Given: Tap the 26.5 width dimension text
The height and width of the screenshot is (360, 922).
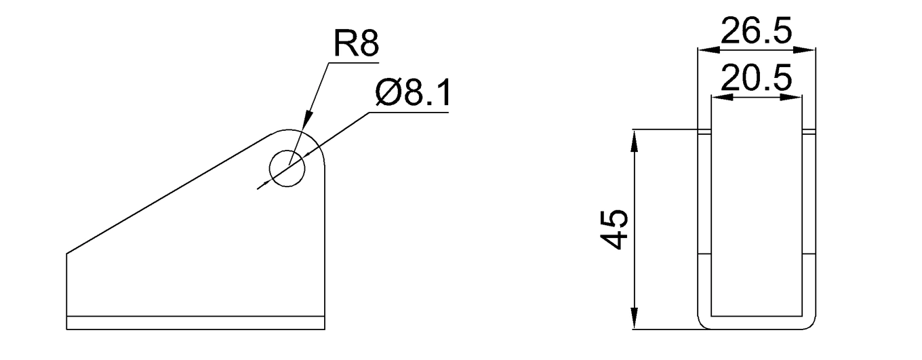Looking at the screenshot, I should point(756,32).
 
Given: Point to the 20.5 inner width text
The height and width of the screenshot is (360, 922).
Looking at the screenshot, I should point(756,79).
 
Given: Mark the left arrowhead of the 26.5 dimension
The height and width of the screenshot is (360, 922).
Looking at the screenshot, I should point(705,49).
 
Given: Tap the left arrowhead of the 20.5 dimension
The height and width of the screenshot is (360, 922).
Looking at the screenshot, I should point(717,97).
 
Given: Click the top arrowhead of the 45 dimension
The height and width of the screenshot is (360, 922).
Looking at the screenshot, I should point(635,136).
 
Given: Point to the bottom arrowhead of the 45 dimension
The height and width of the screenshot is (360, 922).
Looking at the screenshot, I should point(635,322).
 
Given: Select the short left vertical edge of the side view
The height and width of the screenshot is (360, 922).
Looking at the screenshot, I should point(66,285).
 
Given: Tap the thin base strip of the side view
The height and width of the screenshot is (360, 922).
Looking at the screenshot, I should point(197,323).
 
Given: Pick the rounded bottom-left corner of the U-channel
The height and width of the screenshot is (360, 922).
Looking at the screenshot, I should point(703,324).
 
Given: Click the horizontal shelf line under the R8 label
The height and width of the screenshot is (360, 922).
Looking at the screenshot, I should point(353,62).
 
